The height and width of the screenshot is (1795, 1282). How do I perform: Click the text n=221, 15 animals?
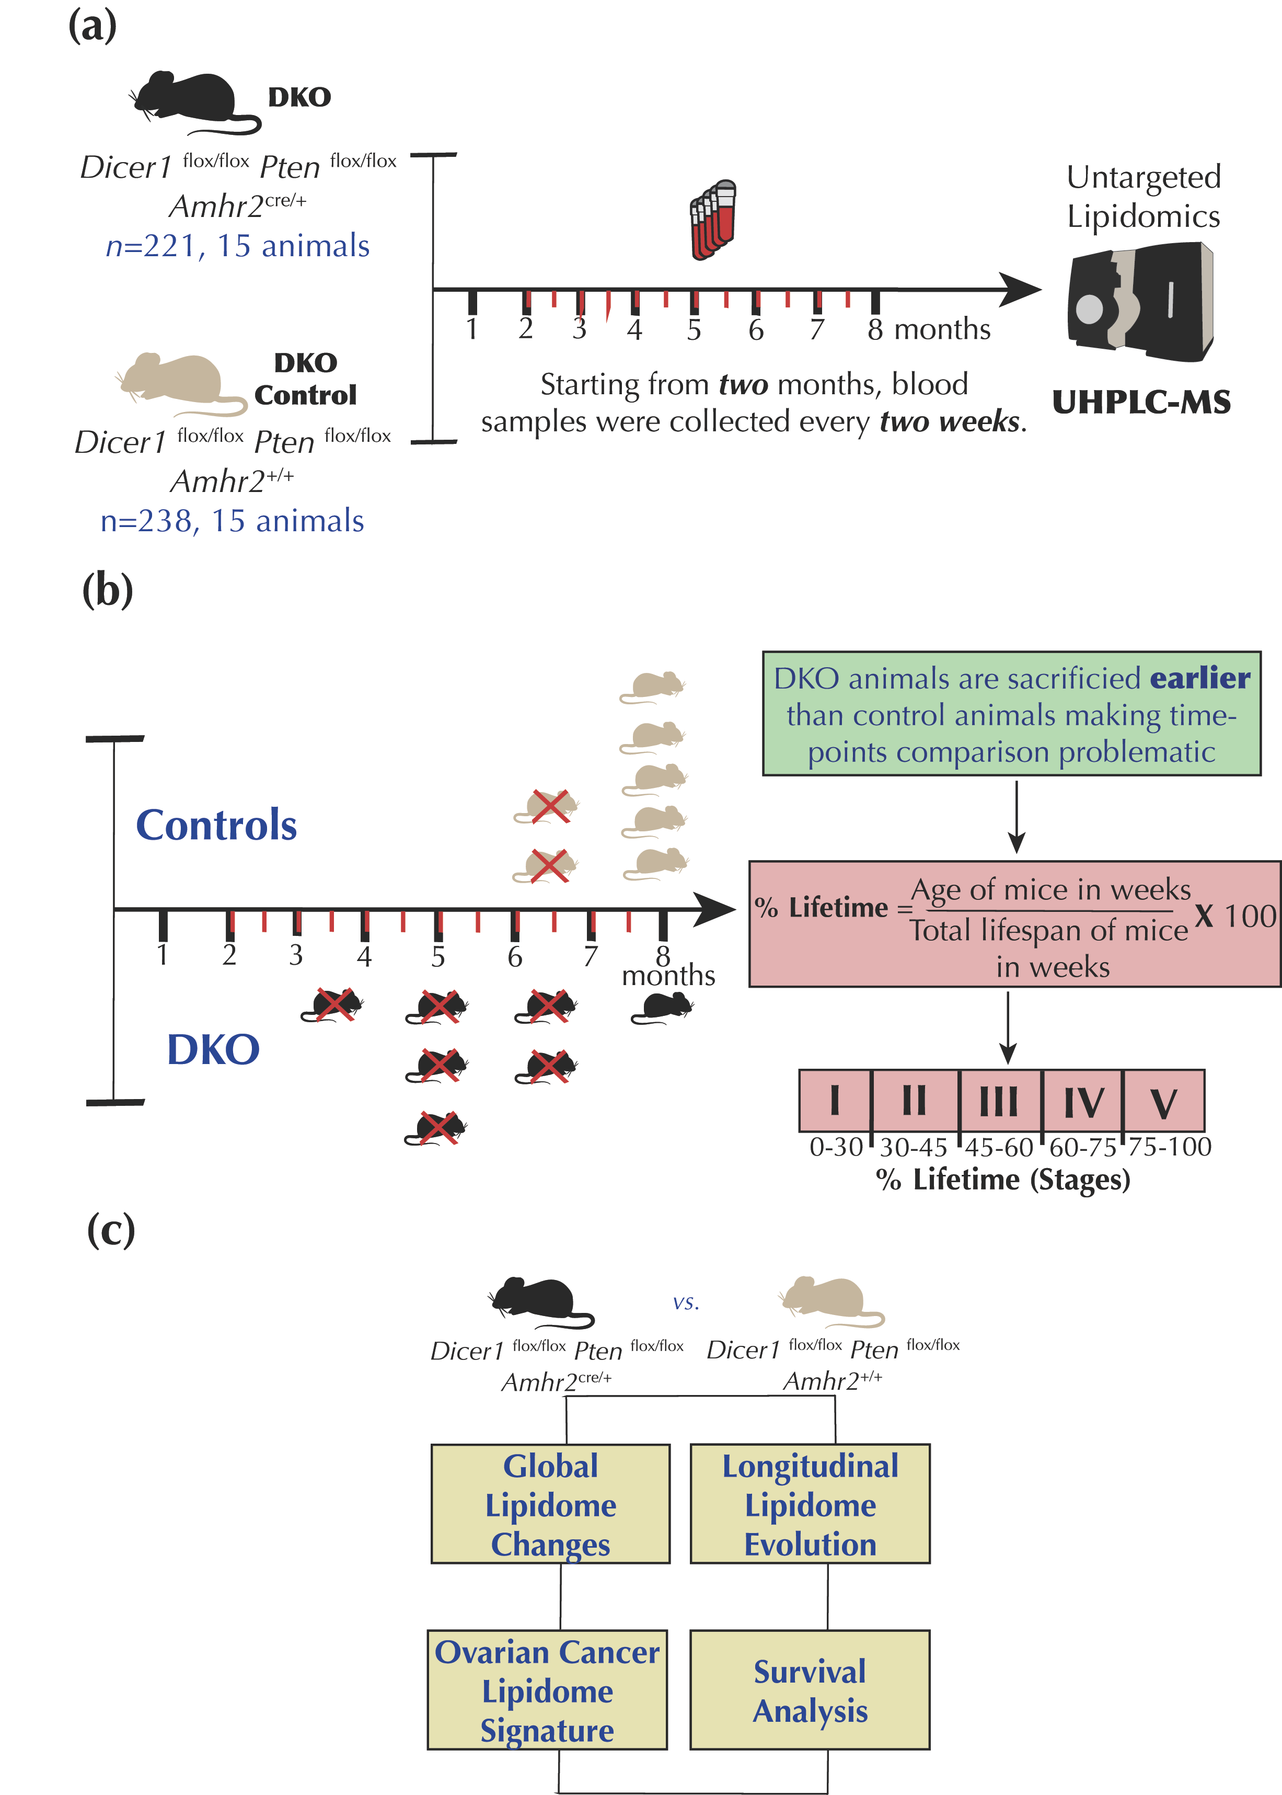[x=238, y=246]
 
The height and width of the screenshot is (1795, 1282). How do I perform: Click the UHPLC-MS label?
[x=1141, y=403]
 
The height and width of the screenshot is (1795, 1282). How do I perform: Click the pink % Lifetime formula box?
[x=1014, y=924]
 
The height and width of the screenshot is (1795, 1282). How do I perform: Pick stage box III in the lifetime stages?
[x=999, y=1101]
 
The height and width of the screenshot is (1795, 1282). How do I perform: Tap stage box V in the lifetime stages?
[x=1163, y=1101]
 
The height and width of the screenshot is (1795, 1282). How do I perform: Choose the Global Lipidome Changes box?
[x=550, y=1504]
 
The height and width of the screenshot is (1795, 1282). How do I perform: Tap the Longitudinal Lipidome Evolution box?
[x=810, y=1504]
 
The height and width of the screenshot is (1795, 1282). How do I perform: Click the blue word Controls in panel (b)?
[x=216, y=825]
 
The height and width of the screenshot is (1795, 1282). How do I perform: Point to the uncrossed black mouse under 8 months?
[x=663, y=1008]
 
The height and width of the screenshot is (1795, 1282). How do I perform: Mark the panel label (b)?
[x=107, y=591]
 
